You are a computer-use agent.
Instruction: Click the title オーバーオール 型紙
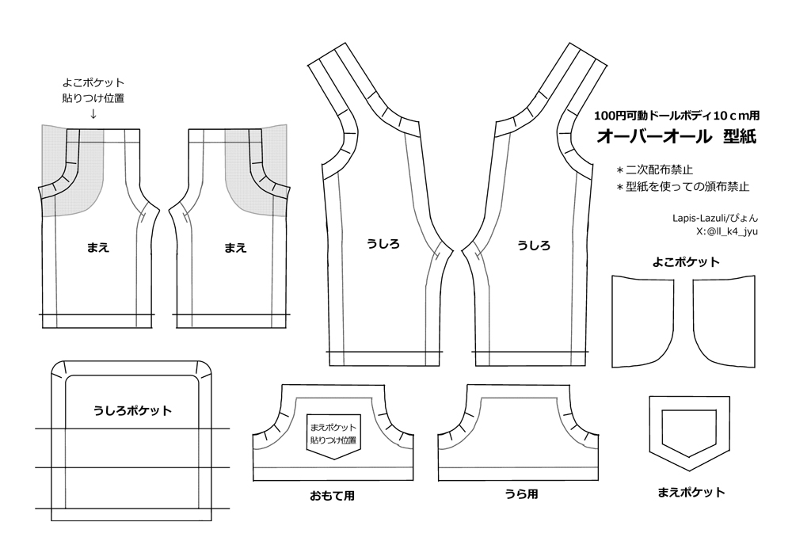(x=676, y=136)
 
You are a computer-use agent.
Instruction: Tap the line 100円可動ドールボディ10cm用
(x=676, y=114)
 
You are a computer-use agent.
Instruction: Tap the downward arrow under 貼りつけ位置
(x=93, y=114)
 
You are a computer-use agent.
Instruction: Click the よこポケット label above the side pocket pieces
(x=686, y=262)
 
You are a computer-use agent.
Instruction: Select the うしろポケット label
(x=132, y=410)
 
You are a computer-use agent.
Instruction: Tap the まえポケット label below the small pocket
(x=691, y=492)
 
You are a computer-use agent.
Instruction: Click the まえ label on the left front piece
(x=97, y=247)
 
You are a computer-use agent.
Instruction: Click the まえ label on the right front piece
(x=234, y=247)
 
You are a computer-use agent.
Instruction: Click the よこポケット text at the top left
(x=93, y=82)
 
